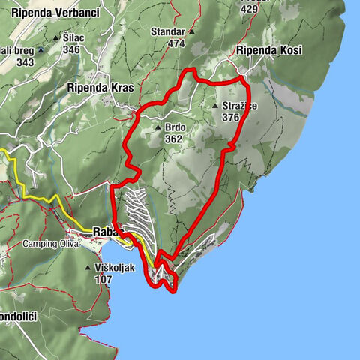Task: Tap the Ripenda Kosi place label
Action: click(268, 50)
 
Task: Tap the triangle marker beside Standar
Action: click(192, 32)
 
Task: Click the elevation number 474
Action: click(176, 43)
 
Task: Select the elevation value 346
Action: click(71, 50)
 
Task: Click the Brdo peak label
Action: click(175, 127)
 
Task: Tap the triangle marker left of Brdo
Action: click(157, 127)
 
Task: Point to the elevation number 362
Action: click(175, 139)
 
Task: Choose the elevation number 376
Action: click(230, 118)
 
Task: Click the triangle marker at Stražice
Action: click(215, 106)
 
